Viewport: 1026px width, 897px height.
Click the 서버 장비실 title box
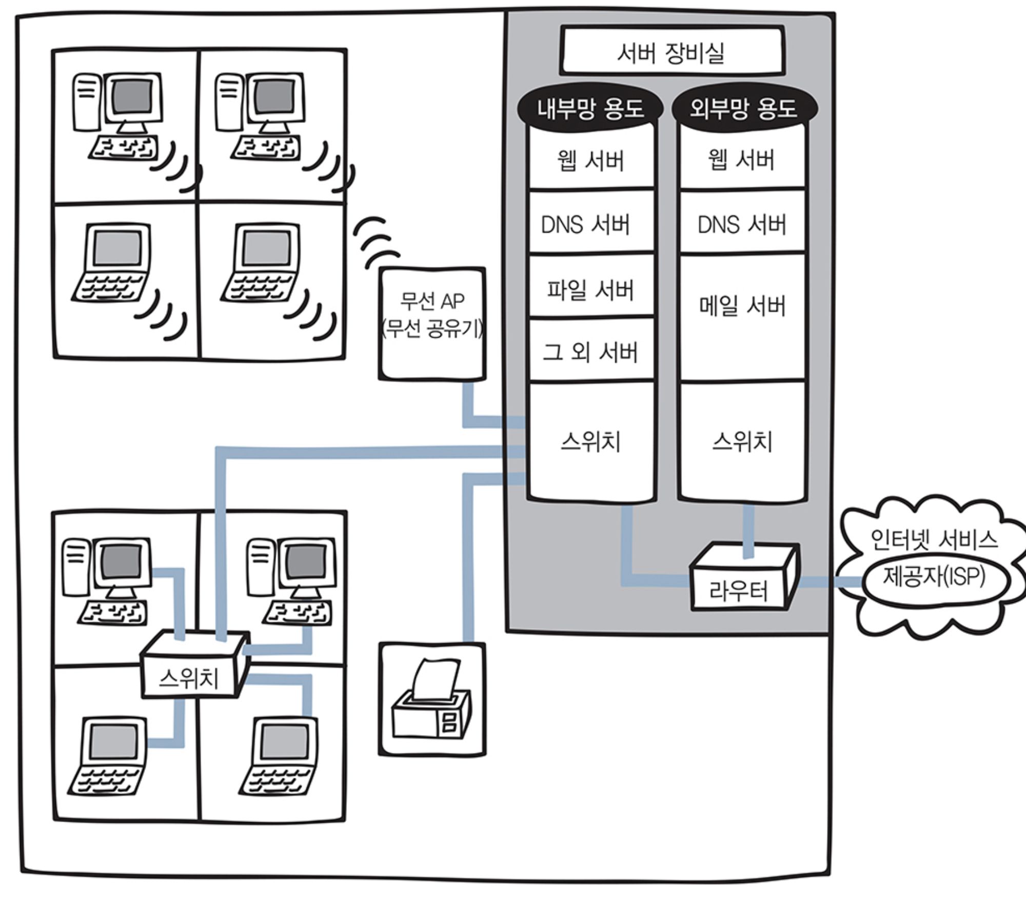tap(672, 50)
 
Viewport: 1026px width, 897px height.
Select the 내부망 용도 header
tap(590, 108)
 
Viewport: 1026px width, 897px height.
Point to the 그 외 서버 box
tap(591, 350)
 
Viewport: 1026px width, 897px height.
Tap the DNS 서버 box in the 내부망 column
tap(591, 222)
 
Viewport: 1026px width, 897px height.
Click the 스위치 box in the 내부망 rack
tap(591, 442)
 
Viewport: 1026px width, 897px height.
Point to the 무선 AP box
tap(432, 324)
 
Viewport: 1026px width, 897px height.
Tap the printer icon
tap(431, 697)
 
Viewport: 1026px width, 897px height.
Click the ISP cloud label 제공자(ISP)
tap(934, 576)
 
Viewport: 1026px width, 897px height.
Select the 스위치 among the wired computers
tap(195, 665)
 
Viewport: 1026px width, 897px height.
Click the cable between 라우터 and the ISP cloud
tap(831, 582)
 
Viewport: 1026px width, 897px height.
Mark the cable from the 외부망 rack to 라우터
tap(749, 530)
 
